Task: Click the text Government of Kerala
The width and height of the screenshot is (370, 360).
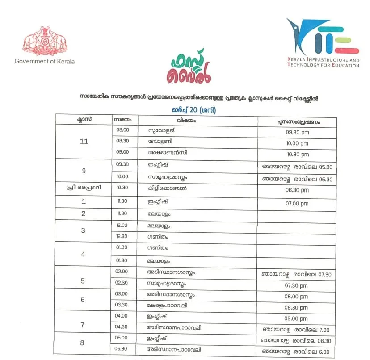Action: point(45,61)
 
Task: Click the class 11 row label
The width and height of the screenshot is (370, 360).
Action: point(83,142)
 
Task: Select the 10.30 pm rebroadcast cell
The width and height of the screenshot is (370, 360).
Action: point(297,155)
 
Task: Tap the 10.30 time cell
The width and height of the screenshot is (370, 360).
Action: point(122,188)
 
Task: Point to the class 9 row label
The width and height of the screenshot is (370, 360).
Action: point(83,171)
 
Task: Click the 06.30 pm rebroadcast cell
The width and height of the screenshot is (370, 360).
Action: point(297,190)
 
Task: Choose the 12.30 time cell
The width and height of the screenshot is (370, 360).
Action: point(122,236)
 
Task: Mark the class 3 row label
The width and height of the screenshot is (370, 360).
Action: point(83,230)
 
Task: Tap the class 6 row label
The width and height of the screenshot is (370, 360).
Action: point(83,300)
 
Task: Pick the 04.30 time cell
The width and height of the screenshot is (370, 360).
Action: point(122,327)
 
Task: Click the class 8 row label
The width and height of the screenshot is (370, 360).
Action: point(83,343)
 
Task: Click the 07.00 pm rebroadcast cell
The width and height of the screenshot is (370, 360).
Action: point(297,204)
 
